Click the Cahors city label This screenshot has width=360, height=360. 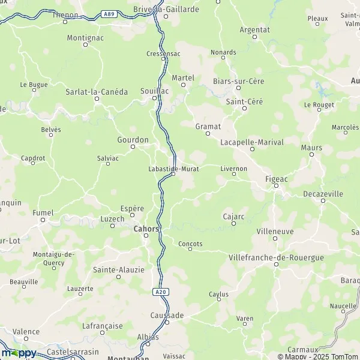click(x=146, y=229)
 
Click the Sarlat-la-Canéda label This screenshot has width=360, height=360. click(x=97, y=92)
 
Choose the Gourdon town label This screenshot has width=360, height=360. click(x=133, y=139)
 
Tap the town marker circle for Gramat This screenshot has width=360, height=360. click(x=208, y=134)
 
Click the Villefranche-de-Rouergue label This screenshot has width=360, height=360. click(x=277, y=257)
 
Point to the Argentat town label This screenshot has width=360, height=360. click(x=254, y=29)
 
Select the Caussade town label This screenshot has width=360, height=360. click(x=167, y=315)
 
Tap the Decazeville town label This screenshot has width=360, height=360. click(x=323, y=194)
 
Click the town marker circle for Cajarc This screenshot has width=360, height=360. click(x=233, y=224)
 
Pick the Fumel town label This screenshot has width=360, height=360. click(x=43, y=212)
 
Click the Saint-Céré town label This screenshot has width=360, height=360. click(x=244, y=101)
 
